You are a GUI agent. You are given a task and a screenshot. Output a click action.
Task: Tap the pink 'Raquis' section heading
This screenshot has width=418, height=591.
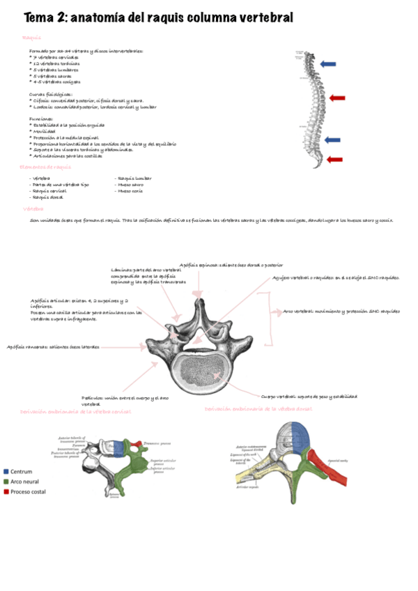31,37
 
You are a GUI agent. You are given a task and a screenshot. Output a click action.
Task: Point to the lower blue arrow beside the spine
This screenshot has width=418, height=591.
332,140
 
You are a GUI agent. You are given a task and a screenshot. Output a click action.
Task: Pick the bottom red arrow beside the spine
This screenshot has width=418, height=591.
334,160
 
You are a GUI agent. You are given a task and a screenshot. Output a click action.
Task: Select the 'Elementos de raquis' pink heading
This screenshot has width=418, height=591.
45,167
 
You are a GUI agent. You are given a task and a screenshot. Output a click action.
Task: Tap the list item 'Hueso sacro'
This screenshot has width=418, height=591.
132,184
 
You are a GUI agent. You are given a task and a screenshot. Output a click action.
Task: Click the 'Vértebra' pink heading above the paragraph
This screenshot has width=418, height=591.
33,208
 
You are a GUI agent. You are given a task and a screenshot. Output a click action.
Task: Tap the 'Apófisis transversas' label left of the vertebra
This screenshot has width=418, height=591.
53,346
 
